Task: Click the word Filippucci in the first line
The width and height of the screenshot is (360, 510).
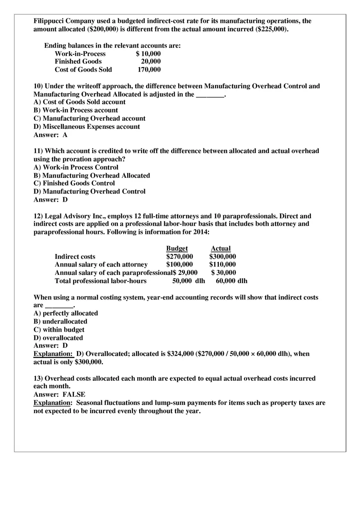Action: [x=48, y=21]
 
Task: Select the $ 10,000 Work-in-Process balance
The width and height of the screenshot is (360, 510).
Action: [x=148, y=54]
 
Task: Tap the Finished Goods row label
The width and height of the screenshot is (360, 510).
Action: [x=78, y=61]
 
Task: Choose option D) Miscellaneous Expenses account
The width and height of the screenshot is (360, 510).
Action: [x=87, y=127]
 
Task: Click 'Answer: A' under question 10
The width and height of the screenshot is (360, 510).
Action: [x=50, y=135]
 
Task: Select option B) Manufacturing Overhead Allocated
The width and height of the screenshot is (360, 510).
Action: [x=92, y=175]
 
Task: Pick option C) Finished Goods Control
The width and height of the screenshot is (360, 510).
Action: [x=74, y=183]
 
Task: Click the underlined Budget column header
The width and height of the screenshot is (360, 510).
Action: [x=177, y=248]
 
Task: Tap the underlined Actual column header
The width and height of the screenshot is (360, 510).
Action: [x=220, y=248]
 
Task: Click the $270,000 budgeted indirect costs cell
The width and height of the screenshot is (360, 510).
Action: [x=179, y=256]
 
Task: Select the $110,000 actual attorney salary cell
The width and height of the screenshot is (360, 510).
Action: [x=222, y=265]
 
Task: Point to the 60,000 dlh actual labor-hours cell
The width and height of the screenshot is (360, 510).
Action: [x=231, y=281]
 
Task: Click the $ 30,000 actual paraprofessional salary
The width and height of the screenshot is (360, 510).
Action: [x=223, y=273]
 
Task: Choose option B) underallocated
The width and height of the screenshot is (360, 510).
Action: [x=60, y=321]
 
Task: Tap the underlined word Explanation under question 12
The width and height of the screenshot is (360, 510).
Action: [x=52, y=354]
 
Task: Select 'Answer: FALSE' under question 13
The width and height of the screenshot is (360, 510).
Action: [x=59, y=395]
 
